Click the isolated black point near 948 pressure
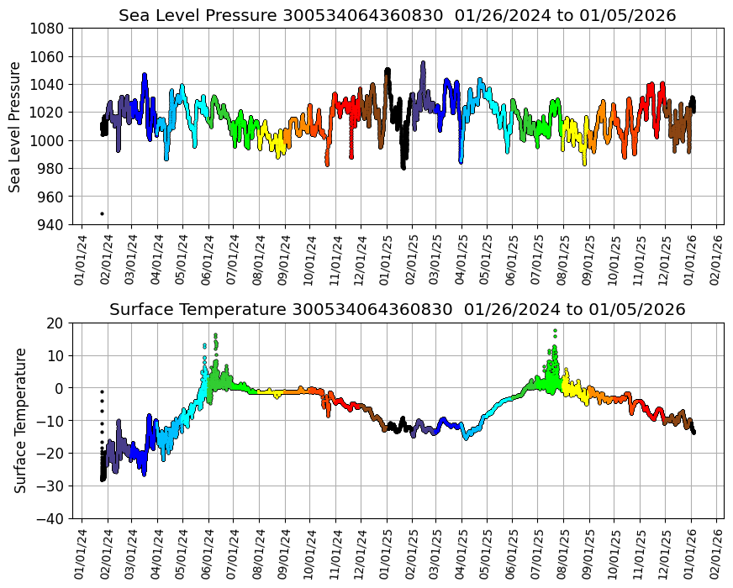click(x=103, y=213)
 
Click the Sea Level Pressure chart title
click(x=397, y=16)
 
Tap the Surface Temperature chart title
click(x=397, y=310)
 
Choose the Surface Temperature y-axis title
click(x=21, y=420)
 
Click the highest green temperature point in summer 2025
click(x=555, y=330)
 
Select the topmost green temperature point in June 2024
click(x=215, y=335)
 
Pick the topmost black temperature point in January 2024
click(x=102, y=391)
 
